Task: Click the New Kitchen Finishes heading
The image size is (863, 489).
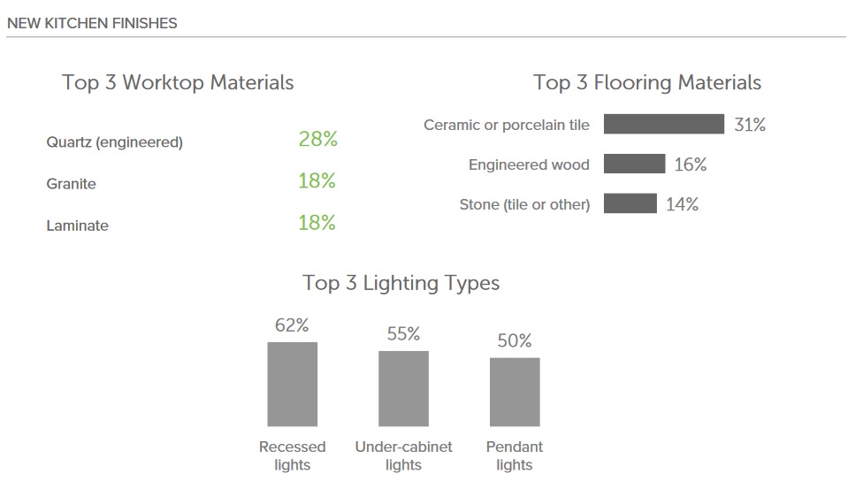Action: point(92,23)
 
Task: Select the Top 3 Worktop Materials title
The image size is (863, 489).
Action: point(178,82)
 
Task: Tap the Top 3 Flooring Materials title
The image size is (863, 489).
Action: point(647,82)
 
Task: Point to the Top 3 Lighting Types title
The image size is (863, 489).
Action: point(401,283)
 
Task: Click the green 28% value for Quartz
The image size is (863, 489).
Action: point(318,139)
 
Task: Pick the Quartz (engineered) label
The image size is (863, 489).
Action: point(114,142)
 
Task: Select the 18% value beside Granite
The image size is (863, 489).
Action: point(317,180)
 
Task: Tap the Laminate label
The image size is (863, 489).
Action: point(78,225)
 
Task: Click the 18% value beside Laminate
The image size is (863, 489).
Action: point(317,223)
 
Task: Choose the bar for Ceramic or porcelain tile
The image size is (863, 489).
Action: point(664,124)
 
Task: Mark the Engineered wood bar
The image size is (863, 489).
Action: point(635,164)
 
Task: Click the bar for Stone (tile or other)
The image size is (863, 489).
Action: point(630,203)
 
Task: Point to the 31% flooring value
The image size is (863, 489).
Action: point(750,125)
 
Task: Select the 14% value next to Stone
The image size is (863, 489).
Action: point(682,204)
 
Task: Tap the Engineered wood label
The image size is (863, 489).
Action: point(529,164)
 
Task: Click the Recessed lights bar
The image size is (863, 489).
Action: point(293,385)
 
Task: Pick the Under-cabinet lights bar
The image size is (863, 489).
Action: point(403,389)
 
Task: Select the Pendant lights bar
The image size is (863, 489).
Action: point(515,392)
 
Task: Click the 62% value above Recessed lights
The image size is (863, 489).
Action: point(292,325)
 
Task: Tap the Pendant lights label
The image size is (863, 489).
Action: point(515,455)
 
